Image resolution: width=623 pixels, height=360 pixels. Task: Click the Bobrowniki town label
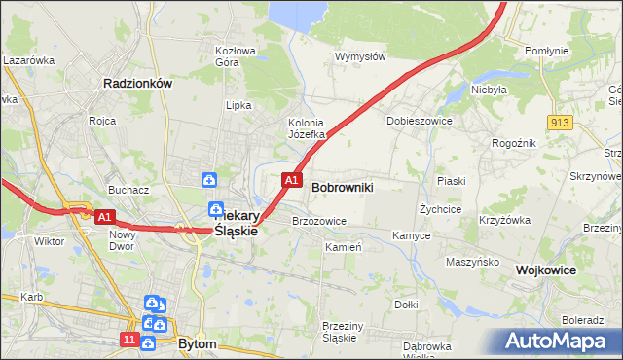coord(342,186)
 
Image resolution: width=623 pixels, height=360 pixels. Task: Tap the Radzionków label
coord(137,84)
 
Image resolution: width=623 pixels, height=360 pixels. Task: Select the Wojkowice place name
coord(546,270)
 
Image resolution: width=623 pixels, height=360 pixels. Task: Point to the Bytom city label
coord(198,343)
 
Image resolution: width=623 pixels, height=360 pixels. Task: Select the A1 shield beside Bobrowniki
coord(290,180)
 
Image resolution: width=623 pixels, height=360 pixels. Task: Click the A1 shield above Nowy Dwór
coord(105,216)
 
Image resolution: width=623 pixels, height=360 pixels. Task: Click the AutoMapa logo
coord(557,342)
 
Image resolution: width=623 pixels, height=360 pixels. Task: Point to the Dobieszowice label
coord(416,121)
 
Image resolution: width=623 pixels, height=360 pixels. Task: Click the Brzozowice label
coord(319,221)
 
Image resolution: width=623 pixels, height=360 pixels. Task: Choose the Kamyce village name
coord(412,235)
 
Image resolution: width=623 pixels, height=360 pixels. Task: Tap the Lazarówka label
coord(27,60)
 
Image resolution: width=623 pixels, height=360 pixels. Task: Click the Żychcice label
coord(440,209)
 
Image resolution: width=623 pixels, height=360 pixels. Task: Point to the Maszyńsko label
coord(472,262)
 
